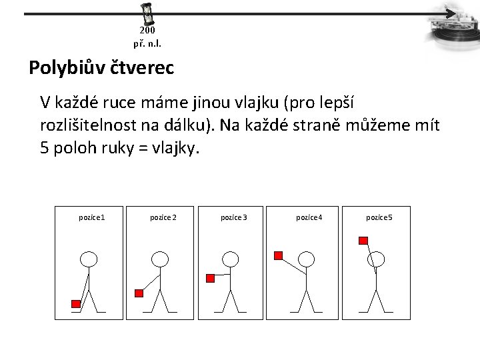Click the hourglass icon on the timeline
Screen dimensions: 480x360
pos(147,14)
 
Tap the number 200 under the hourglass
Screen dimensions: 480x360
pos(147,30)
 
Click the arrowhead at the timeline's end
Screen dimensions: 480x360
pos(451,14)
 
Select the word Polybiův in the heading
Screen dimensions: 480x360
pos(67,67)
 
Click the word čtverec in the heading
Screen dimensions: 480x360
pos(142,67)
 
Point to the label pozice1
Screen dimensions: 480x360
pos(92,217)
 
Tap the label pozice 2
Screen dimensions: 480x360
pos(163,217)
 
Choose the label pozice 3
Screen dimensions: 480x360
pos(234,217)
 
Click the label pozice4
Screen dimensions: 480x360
pos(309,217)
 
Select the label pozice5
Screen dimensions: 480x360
pos(379,217)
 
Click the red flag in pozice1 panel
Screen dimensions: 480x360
pos(76,304)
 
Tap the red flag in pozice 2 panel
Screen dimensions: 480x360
pos(139,293)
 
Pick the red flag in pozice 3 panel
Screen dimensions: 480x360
pos(210,278)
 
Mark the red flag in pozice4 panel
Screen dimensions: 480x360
pos(278,255)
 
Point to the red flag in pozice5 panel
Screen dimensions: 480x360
pos(363,241)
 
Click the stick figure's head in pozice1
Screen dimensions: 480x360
pos(89,259)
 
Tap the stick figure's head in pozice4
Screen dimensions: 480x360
pos(306,259)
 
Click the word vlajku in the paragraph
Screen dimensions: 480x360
pos(256,103)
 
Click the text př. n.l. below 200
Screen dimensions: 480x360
pos(147,44)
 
